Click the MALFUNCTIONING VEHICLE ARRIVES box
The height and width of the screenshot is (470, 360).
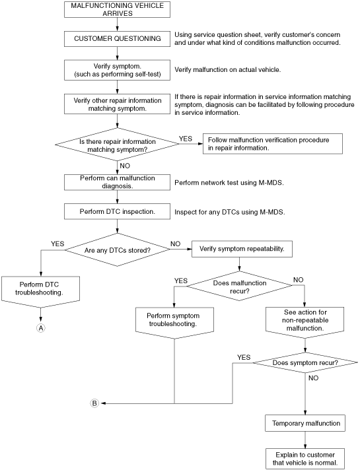pyautogui.click(x=118, y=9)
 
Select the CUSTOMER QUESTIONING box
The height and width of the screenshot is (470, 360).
pyautogui.click(x=118, y=39)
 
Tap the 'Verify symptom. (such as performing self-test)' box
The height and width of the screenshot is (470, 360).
pyautogui.click(x=118, y=70)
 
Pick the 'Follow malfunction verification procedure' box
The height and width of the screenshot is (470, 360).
pyautogui.click(x=273, y=144)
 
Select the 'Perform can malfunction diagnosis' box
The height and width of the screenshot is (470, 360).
pyautogui.click(x=118, y=182)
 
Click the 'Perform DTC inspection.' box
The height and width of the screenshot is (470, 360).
pyautogui.click(x=118, y=212)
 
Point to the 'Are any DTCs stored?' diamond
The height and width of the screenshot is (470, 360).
pyautogui.click(x=118, y=250)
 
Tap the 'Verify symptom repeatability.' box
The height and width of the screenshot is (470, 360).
pyautogui.click(x=242, y=249)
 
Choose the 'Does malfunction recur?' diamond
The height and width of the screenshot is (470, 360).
pyautogui.click(x=239, y=287)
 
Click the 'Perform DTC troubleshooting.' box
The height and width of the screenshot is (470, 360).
pyautogui.click(x=40, y=292)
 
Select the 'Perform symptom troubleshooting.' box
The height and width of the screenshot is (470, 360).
pyautogui.click(x=174, y=323)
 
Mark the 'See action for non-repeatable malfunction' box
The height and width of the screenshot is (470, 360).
pyautogui.click(x=305, y=323)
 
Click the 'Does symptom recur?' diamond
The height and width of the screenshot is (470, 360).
pyautogui.click(x=305, y=362)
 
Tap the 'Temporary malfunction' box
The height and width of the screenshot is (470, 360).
pyautogui.click(x=305, y=423)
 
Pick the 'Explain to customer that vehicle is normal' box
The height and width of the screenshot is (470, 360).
pyautogui.click(x=305, y=459)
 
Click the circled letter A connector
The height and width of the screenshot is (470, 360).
pyautogui.click(x=40, y=328)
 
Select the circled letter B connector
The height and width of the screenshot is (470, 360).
pyautogui.click(x=94, y=403)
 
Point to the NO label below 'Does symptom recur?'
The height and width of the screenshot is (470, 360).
pyautogui.click(x=313, y=378)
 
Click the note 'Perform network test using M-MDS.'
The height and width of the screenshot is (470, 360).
pyautogui.click(x=229, y=183)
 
